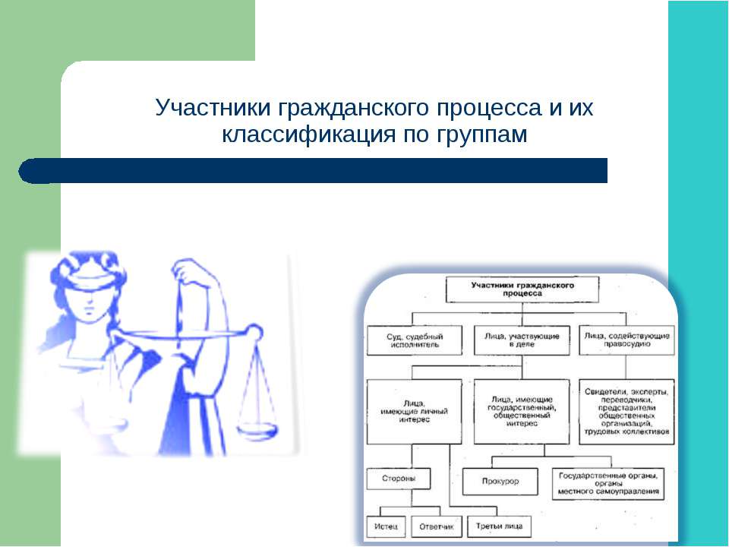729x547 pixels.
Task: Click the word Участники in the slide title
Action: pyautogui.click(x=213, y=109)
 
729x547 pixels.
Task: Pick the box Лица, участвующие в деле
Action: pyautogui.click(x=521, y=340)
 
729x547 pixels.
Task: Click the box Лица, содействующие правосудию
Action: pyautogui.click(x=625, y=340)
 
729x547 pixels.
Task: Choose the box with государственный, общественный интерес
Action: pyautogui.click(x=521, y=410)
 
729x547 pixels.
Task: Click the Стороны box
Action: pyautogui.click(x=397, y=479)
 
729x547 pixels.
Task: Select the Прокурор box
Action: pyautogui.click(x=500, y=482)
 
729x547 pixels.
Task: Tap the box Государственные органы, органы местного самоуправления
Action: pyautogui.click(x=607, y=482)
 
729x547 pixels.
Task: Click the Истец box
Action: pyautogui.click(x=387, y=526)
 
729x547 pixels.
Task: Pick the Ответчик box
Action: pyautogui.click(x=434, y=526)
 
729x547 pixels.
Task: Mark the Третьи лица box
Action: pyautogui.click(x=499, y=526)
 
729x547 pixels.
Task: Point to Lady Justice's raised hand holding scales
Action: pyautogui.click(x=186, y=269)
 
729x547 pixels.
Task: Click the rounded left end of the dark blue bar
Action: pyautogui.click(x=32, y=171)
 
